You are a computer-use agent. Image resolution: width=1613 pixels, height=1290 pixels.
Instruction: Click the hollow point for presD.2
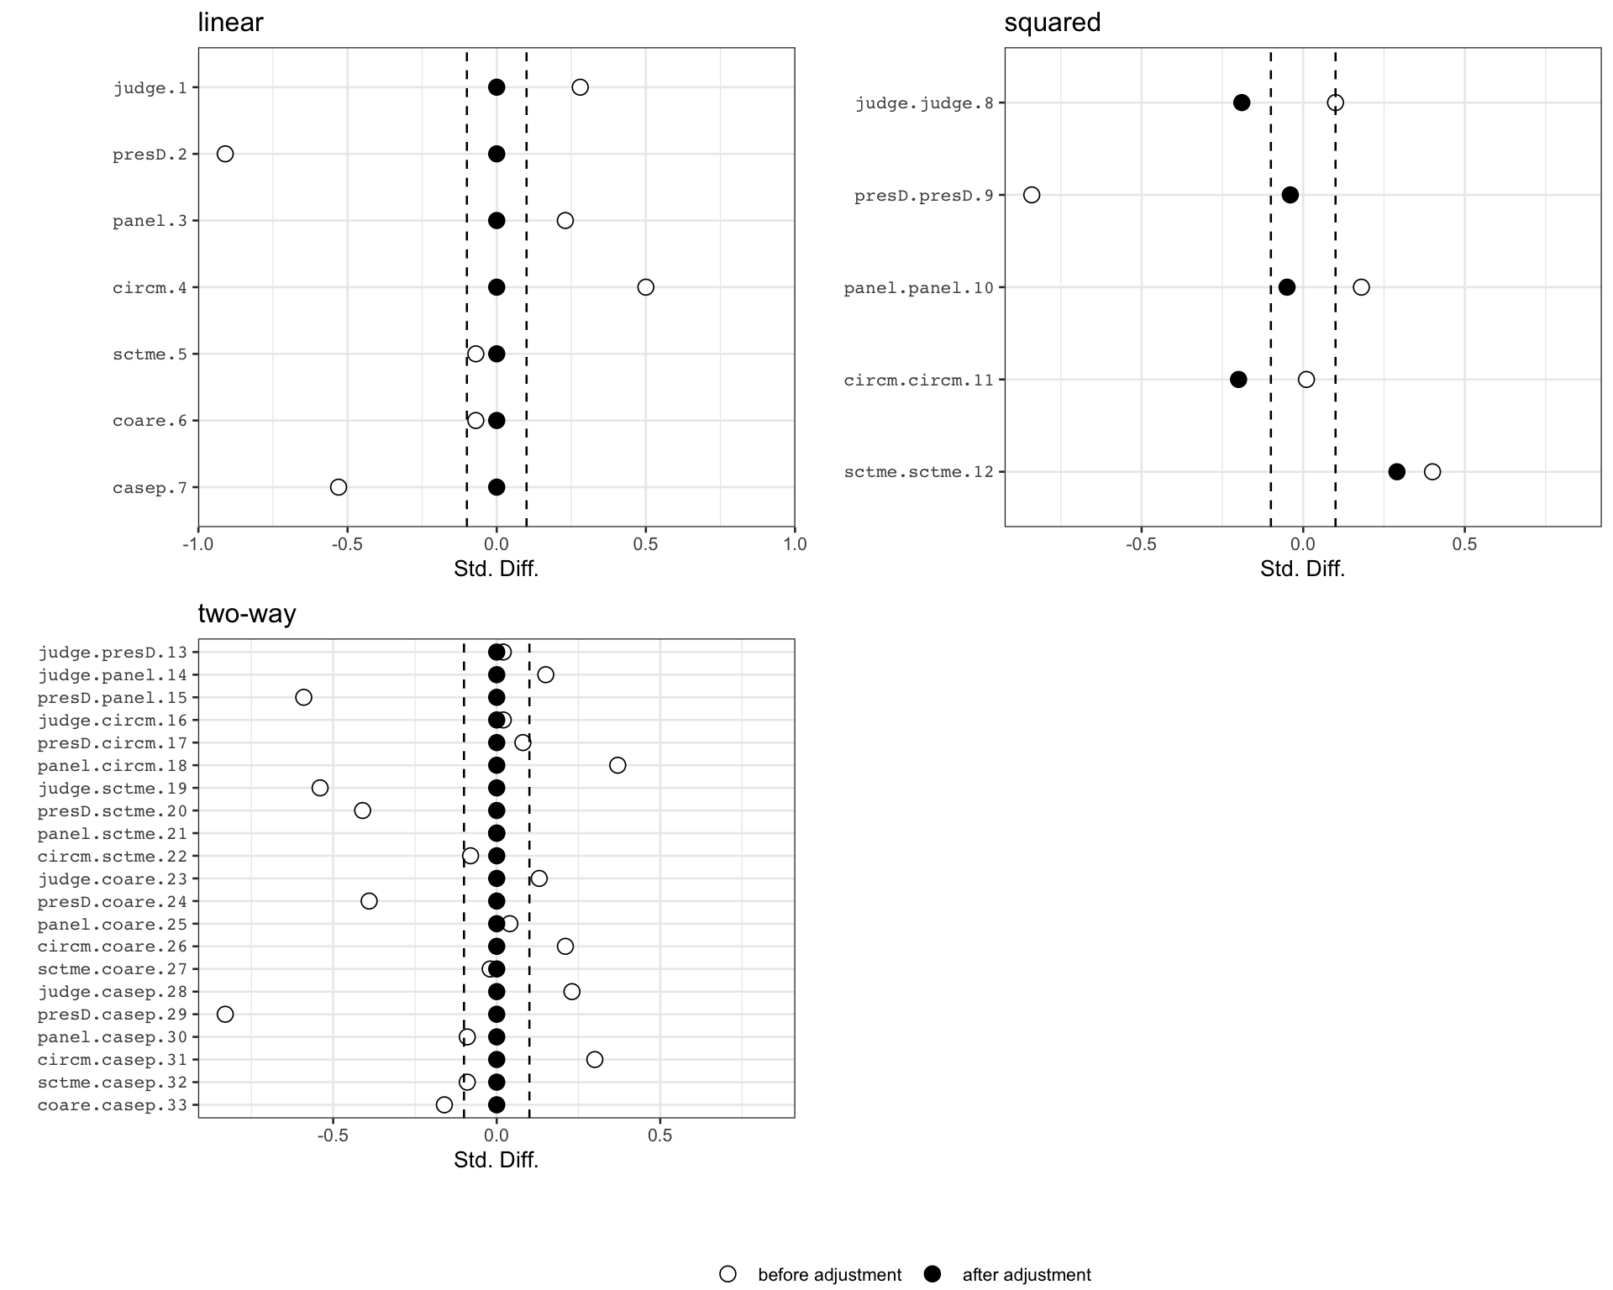[225, 154]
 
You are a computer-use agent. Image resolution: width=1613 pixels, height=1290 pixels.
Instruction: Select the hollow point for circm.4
[645, 287]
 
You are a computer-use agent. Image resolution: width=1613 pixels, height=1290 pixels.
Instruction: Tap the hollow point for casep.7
[339, 487]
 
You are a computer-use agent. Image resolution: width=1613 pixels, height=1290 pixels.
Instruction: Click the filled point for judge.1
[497, 87]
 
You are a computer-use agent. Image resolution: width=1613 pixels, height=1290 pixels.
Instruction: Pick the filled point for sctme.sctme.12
[1396, 472]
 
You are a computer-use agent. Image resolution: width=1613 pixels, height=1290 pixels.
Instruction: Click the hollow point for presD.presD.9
[1032, 195]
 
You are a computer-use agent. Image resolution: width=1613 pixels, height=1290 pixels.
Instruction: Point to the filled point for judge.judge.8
[1242, 102]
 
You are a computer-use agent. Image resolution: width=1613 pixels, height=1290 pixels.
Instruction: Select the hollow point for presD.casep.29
[225, 1015]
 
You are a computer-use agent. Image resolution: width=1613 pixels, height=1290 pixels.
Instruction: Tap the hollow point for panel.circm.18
[617, 765]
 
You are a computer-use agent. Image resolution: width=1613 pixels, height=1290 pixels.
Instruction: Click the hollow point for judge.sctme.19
[320, 788]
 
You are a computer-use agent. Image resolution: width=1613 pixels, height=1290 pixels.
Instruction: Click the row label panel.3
[150, 221]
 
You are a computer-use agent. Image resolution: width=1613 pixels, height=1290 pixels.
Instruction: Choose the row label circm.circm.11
[919, 380]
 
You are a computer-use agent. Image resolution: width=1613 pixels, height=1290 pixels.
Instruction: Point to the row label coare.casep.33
[113, 1105]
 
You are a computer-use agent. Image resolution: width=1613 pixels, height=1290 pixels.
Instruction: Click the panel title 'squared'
[1053, 23]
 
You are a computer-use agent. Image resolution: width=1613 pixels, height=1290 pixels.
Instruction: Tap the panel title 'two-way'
[247, 614]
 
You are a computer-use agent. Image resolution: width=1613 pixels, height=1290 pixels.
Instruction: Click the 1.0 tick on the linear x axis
[795, 544]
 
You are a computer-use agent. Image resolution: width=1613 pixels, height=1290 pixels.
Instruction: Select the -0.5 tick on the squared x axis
[1141, 544]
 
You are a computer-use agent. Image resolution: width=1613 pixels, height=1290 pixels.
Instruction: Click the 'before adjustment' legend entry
[812, 1275]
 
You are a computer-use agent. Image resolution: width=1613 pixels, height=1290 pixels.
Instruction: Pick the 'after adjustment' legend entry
[1008, 1275]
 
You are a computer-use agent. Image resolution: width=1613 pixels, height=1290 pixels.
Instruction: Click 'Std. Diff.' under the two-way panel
[497, 1160]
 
